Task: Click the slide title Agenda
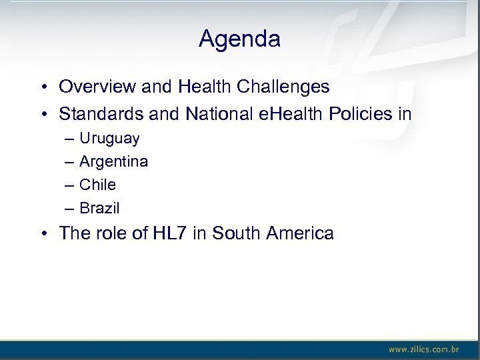point(239,39)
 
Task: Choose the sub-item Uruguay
point(109,139)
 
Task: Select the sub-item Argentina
point(113,161)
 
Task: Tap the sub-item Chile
point(97,185)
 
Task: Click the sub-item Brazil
point(99,208)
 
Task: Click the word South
point(237,233)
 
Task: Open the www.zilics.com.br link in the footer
point(424,349)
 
